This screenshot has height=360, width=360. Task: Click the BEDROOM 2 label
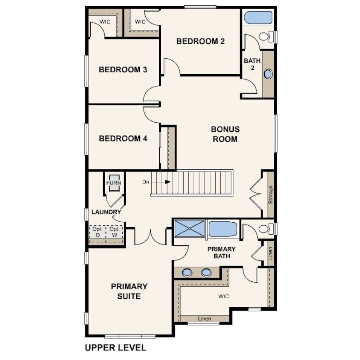200,41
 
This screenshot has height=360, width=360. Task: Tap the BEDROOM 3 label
123,69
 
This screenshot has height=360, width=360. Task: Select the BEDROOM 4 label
123,138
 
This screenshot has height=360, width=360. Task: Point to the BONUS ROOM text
225,134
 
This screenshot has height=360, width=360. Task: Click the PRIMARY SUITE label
129,292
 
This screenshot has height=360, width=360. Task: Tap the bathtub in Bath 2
258,17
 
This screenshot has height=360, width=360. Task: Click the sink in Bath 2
268,74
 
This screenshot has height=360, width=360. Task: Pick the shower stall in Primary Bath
189,228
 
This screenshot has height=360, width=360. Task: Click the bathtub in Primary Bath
223,229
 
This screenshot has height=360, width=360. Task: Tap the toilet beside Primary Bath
267,229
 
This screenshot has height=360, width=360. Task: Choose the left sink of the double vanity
187,273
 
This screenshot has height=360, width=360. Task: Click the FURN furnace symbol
114,183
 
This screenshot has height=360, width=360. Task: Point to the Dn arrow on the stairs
161,182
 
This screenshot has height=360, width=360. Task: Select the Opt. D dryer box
98,232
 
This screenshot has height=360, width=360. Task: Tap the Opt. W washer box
114,232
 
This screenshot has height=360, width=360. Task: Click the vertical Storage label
271,195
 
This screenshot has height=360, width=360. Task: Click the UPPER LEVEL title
116,348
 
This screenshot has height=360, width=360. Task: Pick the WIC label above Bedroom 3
105,22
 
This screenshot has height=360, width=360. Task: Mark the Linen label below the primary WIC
204,319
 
